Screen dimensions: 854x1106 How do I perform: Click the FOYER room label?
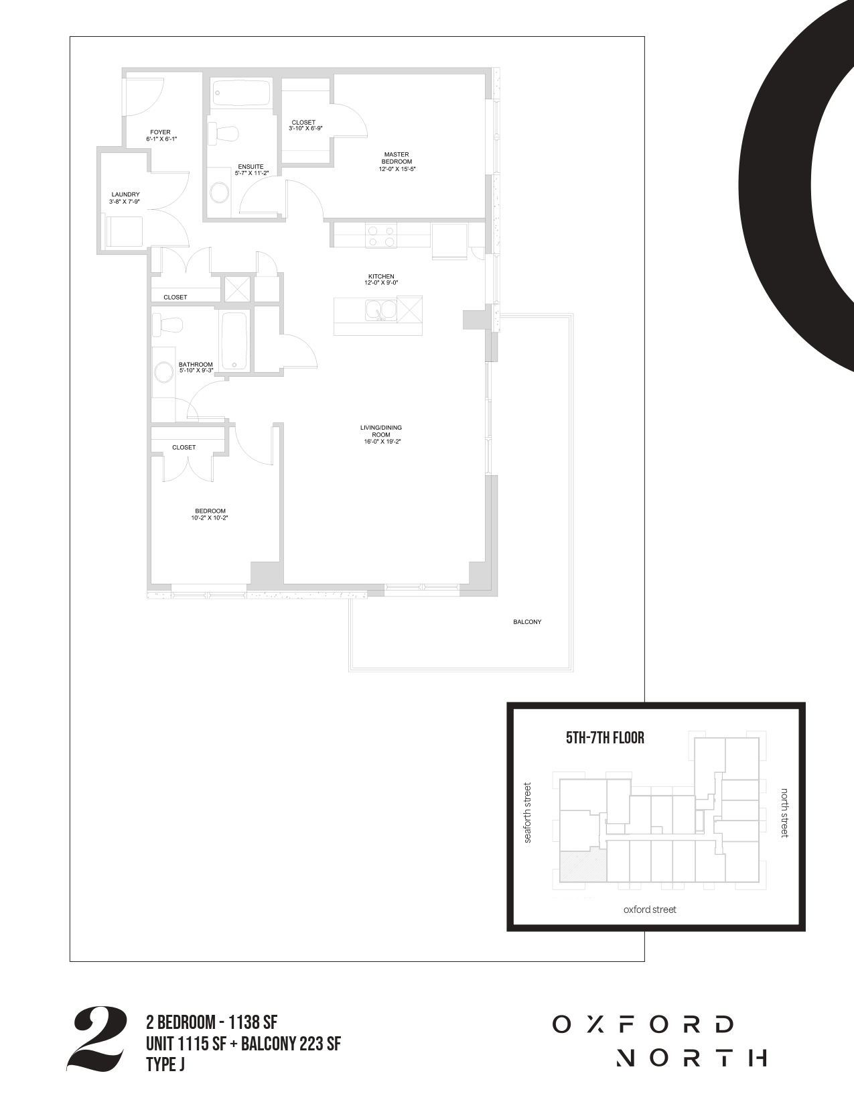[x=161, y=132]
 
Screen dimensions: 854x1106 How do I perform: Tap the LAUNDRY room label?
[x=125, y=194]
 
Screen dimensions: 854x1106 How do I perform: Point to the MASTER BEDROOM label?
[x=397, y=158]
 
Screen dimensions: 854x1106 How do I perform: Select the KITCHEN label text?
[x=381, y=276]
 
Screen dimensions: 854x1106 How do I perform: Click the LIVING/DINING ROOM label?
[x=381, y=431]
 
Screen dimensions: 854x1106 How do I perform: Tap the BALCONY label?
[x=527, y=621]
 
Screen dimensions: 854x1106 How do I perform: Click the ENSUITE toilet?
[x=224, y=134]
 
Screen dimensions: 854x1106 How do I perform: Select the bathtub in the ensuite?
[x=240, y=93]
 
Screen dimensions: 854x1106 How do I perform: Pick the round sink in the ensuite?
[x=220, y=192]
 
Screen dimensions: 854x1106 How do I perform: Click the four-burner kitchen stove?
[x=381, y=236]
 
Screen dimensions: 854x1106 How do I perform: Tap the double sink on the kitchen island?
[x=381, y=310]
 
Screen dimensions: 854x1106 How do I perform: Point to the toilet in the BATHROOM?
[x=168, y=324]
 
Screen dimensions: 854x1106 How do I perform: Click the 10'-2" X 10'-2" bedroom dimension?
[x=210, y=517]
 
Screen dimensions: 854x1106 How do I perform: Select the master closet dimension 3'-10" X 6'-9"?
[x=305, y=129]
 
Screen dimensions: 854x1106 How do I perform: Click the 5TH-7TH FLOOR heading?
[x=606, y=738]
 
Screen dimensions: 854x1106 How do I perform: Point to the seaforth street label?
[x=527, y=813]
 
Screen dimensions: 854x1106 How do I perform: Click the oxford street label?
[x=650, y=910]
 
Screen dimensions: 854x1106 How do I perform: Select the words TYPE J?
[x=165, y=1064]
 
